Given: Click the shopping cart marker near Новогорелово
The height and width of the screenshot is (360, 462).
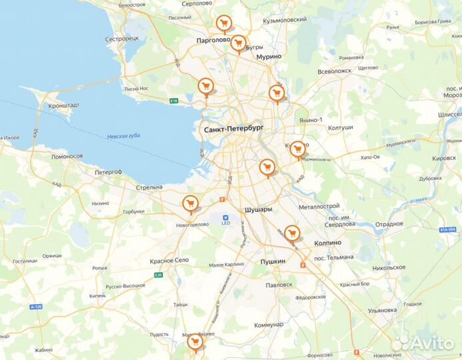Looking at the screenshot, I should pyautogui.click(x=191, y=203).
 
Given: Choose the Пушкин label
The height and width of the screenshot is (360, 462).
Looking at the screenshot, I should pyautogui.click(x=273, y=261).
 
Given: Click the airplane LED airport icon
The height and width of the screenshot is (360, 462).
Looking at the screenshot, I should pyautogui.click(x=225, y=217).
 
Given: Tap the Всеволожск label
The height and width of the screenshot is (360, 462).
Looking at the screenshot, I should pyautogui.click(x=334, y=71).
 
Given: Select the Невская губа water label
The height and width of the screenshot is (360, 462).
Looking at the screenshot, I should pyautogui.click(x=123, y=136).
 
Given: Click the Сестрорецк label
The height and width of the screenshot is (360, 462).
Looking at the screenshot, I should pyautogui.click(x=121, y=38).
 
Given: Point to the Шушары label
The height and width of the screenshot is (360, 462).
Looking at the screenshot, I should pyautogui.click(x=259, y=209).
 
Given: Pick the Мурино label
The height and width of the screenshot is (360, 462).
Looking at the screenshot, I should pyautogui.click(x=269, y=57).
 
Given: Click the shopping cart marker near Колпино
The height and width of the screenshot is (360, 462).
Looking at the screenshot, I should pyautogui.click(x=291, y=233).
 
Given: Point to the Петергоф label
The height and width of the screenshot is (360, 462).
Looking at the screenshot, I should pyautogui.click(x=108, y=172).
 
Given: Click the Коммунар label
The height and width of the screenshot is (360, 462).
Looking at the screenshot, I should pyautogui.click(x=269, y=325).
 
